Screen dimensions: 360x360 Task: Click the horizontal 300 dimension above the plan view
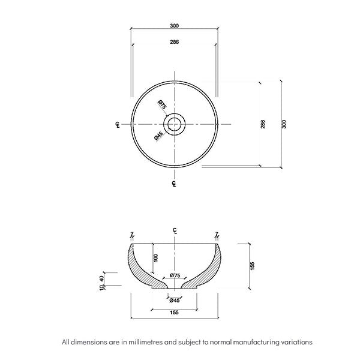tap(174, 26)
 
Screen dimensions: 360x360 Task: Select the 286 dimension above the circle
tap(174, 42)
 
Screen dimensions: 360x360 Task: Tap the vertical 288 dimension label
tap(263, 124)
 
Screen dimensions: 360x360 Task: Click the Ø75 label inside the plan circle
tap(162, 105)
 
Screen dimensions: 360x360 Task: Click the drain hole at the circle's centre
tap(174, 124)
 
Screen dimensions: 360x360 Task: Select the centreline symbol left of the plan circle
tap(117, 125)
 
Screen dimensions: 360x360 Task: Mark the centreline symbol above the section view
tap(174, 230)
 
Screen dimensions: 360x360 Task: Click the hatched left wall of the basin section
tap(139, 268)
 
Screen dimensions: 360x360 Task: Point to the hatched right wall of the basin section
tap(210, 268)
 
